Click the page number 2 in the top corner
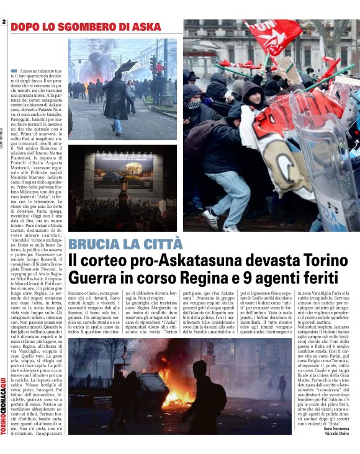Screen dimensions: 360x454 click(x=4, y=22)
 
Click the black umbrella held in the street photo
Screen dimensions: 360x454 click(x=125, y=67)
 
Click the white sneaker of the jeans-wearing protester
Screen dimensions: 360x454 click(x=209, y=218)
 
